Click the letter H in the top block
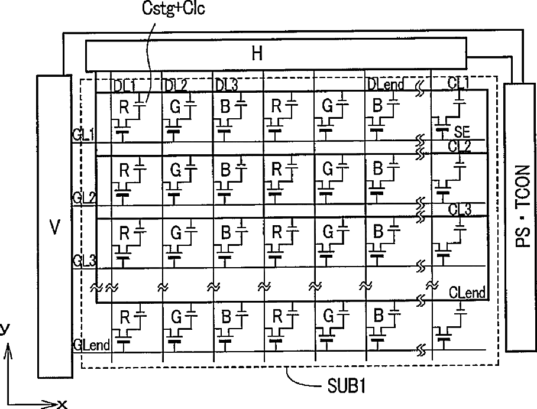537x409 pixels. tap(257, 54)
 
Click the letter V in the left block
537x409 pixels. tap(54, 228)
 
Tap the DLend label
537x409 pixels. tap(385, 85)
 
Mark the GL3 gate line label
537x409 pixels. tap(83, 261)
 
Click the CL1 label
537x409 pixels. tap(459, 85)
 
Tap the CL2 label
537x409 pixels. tap(460, 146)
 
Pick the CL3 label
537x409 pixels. tap(460, 209)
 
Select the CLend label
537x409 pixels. tap(467, 292)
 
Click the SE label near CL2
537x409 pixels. tap(462, 134)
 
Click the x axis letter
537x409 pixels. tap(62, 404)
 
